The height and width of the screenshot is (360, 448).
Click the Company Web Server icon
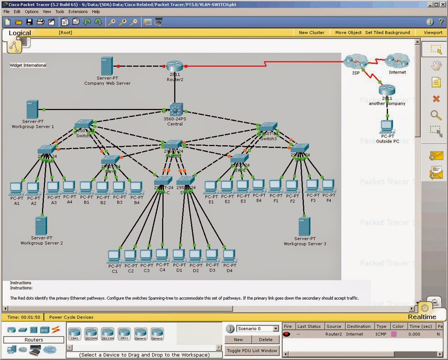107,66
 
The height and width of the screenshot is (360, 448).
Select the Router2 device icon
174,66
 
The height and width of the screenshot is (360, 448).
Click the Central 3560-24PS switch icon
176,110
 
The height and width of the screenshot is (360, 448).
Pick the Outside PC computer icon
387,127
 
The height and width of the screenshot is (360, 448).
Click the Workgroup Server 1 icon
32,109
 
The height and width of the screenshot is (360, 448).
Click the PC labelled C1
114,256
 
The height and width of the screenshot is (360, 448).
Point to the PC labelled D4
229,256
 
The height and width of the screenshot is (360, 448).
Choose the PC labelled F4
328,186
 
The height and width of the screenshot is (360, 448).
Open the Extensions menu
78,12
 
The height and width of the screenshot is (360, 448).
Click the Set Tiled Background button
387,32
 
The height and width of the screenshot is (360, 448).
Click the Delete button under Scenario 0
265,339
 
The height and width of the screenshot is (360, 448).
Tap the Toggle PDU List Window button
252,350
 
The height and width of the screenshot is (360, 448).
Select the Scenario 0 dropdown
257,328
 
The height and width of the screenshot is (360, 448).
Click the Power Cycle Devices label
71,317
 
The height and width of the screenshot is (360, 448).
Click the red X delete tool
436,98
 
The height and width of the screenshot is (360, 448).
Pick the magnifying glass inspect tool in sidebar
436,115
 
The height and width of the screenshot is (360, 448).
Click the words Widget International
28,65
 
